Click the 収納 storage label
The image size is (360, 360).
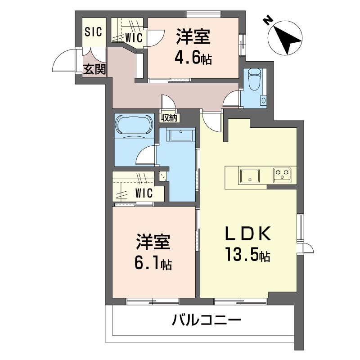pos(170,118)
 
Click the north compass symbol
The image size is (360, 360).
pos(286,39)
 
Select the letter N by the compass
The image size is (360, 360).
pos(267,20)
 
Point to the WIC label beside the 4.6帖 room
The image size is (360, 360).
pos(134,38)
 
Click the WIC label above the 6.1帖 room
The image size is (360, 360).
pos(144,194)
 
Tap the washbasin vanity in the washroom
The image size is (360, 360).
pos(180,135)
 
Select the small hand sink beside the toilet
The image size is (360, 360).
pos(264,100)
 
